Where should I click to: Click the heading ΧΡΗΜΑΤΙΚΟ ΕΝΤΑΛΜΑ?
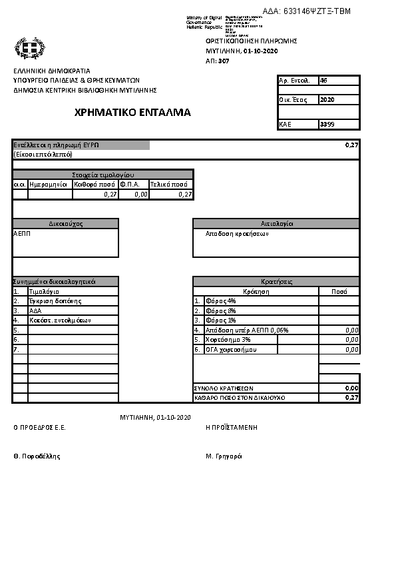(133, 113)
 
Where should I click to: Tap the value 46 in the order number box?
(323, 80)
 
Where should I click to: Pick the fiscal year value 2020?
(327, 100)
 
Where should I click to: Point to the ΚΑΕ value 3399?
(327, 124)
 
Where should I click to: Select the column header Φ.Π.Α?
(129, 184)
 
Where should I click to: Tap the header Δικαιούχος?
(65, 224)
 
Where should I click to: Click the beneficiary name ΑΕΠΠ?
(22, 234)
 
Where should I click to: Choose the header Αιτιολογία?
(276, 224)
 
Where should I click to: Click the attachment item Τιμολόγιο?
(44, 292)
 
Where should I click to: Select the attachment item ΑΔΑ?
(35, 310)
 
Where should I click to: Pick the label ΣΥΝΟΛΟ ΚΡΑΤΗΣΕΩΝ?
(223, 388)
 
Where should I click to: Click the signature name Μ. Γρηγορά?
(224, 456)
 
